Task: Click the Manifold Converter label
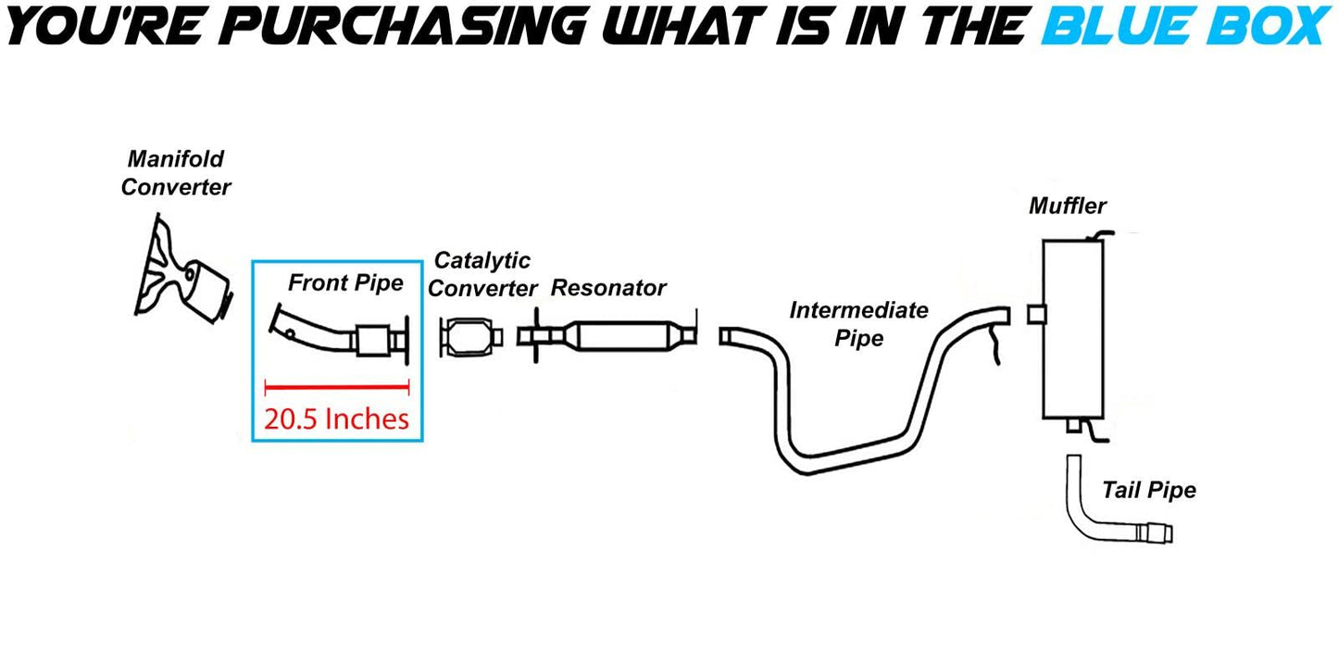coord(176,173)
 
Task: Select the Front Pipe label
coord(345,282)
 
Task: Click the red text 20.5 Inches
coord(336,419)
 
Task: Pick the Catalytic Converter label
coord(482,274)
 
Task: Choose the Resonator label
coord(608,288)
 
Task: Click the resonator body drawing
coord(620,334)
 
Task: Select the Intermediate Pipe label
coord(858,323)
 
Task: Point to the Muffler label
coord(1068,206)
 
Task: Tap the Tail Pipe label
coord(1148,490)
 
